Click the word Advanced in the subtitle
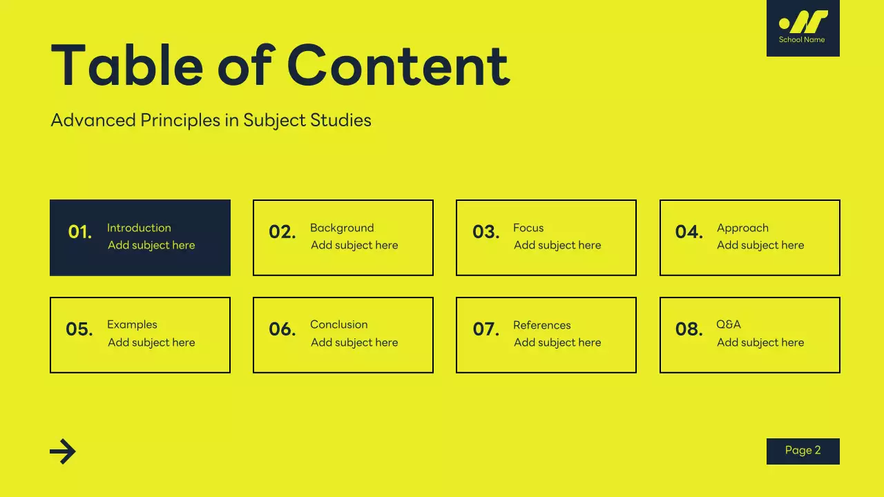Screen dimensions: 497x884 pyautogui.click(x=93, y=120)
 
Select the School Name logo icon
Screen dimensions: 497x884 pyautogui.click(x=803, y=22)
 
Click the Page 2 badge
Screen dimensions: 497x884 pyautogui.click(x=803, y=451)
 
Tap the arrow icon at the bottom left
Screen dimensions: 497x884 pyautogui.click(x=63, y=451)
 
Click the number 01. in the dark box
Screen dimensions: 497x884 pyautogui.click(x=80, y=233)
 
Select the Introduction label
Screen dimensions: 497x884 pyautogui.click(x=139, y=228)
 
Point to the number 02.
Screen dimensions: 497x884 pyautogui.click(x=282, y=233)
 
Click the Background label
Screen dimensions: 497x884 pyautogui.click(x=342, y=228)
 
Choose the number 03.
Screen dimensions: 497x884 pyautogui.click(x=486, y=233)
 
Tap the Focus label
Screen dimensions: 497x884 pyautogui.click(x=528, y=228)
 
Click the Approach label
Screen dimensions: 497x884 pyautogui.click(x=742, y=228)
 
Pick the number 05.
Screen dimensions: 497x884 pyautogui.click(x=79, y=330)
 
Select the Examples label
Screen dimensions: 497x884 pyautogui.click(x=132, y=324)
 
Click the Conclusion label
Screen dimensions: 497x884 pyautogui.click(x=338, y=324)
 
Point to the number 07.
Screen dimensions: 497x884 pyautogui.click(x=486, y=330)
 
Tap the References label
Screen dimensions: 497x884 pyautogui.click(x=541, y=325)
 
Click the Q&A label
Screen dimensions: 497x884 pyautogui.click(x=729, y=324)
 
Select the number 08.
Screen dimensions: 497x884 pyautogui.click(x=689, y=330)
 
